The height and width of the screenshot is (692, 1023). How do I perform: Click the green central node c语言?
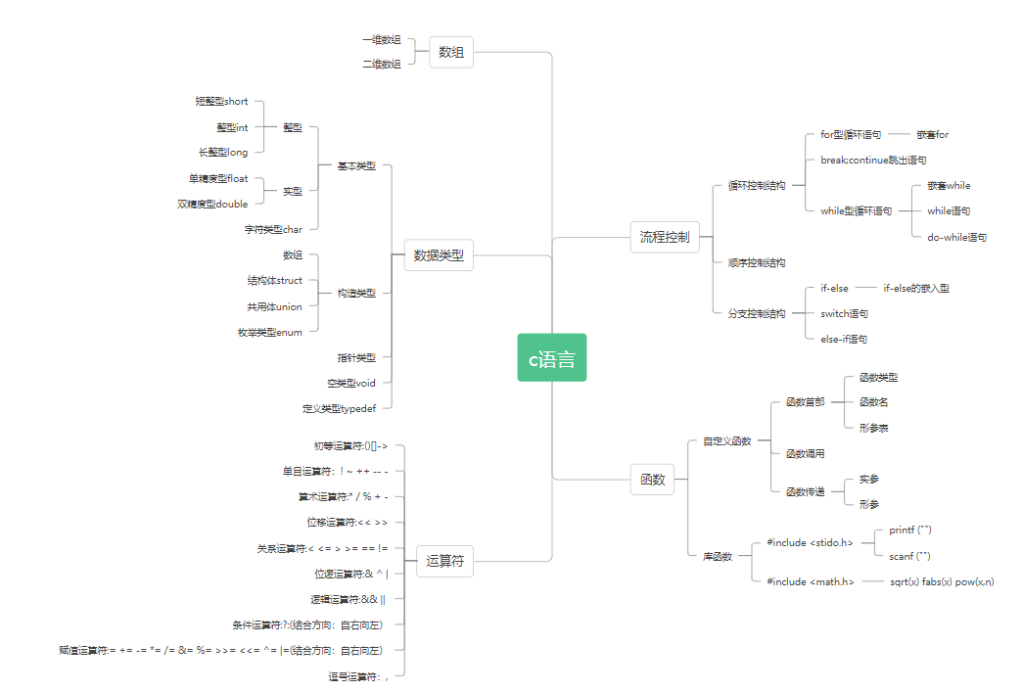[552, 357]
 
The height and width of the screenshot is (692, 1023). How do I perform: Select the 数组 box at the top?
[451, 53]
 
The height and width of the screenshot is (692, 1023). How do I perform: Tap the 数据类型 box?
[439, 256]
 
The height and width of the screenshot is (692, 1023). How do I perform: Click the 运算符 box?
[445, 562]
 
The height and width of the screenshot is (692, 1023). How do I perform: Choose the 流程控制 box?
[665, 237]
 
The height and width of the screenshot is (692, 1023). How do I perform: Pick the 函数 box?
[652, 480]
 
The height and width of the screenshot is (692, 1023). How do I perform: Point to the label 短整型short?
[222, 101]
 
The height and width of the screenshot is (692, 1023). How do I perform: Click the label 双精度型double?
[213, 204]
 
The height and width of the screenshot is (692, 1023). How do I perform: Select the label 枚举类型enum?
[270, 332]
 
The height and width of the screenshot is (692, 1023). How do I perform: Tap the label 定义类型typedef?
[346, 408]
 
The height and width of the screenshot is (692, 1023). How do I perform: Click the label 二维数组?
[381, 64]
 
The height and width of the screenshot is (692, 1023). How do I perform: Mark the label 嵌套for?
[932, 134]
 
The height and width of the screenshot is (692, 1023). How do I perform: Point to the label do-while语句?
[956, 237]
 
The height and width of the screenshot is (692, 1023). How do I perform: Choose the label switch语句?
[844, 313]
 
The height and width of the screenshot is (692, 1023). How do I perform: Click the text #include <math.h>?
[811, 581]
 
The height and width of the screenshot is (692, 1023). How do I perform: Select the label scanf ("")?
[909, 556]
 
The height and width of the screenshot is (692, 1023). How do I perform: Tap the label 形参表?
[873, 428]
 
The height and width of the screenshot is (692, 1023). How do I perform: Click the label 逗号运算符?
[358, 675]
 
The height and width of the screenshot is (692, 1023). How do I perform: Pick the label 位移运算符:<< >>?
[348, 522]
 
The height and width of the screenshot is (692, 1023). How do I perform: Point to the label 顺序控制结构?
[756, 262]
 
